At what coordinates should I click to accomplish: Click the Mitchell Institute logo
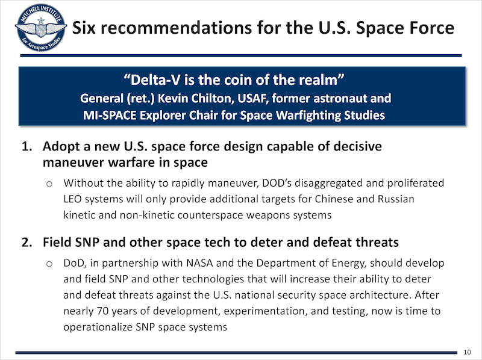pyautogui.click(x=41, y=28)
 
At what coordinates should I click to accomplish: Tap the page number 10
pyautogui.click(x=468, y=352)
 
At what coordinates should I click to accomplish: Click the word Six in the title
pyautogui.click(x=84, y=28)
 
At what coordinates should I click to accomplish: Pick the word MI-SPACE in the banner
pyautogui.click(x=110, y=116)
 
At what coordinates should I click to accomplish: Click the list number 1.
pyautogui.click(x=27, y=146)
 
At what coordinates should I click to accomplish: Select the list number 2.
pyautogui.click(x=27, y=243)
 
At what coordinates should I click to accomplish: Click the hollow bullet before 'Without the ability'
pyautogui.click(x=49, y=184)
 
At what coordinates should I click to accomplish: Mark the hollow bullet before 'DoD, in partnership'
pyautogui.click(x=49, y=264)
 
